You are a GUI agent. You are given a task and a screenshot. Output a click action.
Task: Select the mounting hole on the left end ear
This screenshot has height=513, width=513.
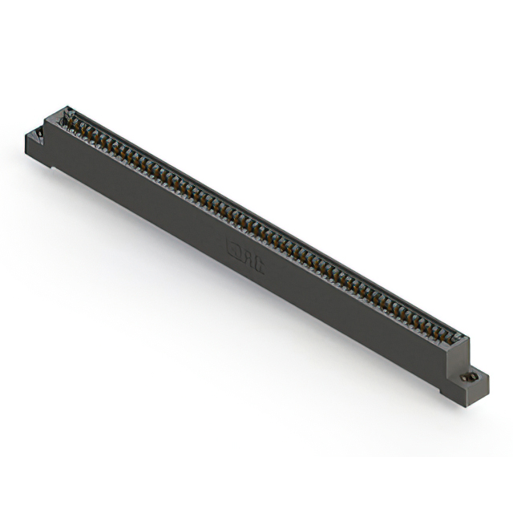(x=37, y=130)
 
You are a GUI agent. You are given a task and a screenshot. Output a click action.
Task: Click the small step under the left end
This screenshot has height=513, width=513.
(x=49, y=165)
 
